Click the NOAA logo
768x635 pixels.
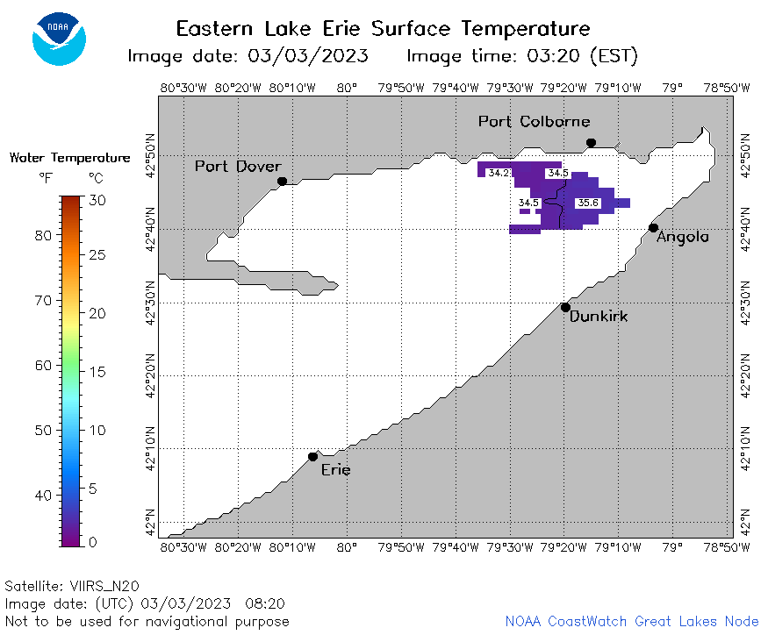[60, 39]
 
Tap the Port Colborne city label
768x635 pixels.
[534, 121]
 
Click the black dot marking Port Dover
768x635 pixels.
[282, 182]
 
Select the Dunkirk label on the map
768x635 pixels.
[599, 317]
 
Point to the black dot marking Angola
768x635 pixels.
[653, 228]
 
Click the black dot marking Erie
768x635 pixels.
[313, 457]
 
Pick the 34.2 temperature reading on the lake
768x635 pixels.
[499, 173]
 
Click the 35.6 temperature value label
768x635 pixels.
[588, 203]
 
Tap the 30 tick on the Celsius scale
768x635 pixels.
[97, 200]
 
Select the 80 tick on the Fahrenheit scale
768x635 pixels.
[43, 235]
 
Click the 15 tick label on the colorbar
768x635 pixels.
[97, 372]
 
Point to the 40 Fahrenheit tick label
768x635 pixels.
[43, 496]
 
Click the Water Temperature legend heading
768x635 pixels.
[70, 158]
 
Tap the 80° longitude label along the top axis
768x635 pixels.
[347, 88]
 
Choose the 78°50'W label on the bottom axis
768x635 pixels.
[727, 547]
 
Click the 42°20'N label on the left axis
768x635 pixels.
[151, 375]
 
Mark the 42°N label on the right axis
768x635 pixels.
[745, 523]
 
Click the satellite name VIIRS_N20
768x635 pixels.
[104, 586]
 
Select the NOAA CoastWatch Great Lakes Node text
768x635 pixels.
[632, 621]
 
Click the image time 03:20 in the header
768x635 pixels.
[553, 56]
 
